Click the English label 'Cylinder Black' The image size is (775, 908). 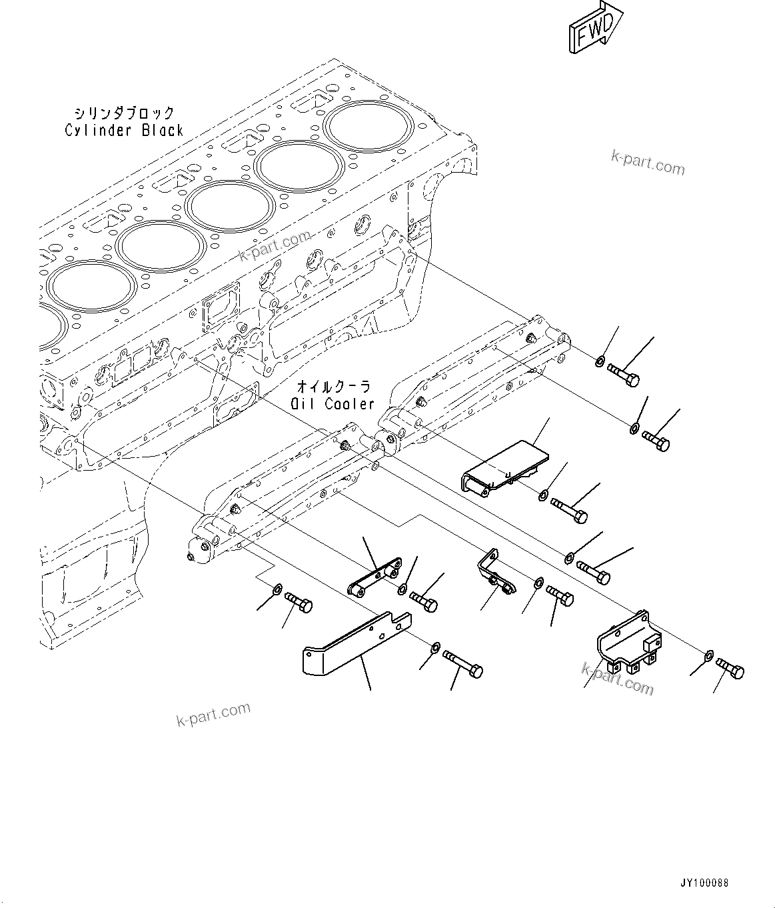124,130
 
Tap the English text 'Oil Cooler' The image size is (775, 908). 333,404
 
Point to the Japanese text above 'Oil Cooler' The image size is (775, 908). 333,387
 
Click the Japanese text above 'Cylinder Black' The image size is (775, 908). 125,113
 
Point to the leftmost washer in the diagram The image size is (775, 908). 276,589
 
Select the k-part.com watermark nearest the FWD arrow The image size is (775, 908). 648,162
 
